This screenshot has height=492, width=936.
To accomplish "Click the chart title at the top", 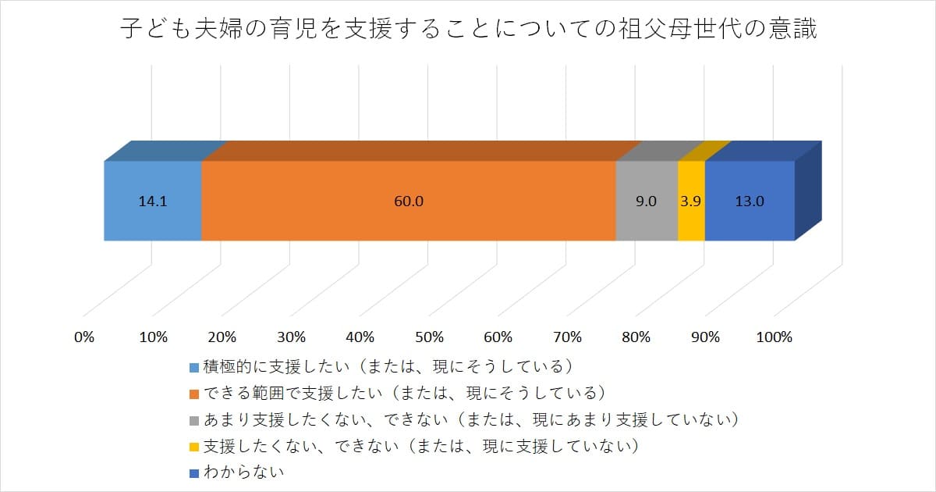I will [x=468, y=30].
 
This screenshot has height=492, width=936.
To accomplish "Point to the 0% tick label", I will [x=84, y=337].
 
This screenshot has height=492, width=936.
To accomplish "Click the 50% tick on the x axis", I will [x=429, y=337].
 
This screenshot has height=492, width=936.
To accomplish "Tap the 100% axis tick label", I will [x=775, y=337].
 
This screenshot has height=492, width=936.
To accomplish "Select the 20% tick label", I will [x=222, y=337].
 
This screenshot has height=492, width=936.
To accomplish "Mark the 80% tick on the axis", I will [x=636, y=337].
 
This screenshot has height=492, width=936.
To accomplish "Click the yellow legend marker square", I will [x=194, y=446].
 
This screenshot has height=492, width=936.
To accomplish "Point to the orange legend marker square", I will [x=194, y=393].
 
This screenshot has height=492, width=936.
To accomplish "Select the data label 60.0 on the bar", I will [x=409, y=201].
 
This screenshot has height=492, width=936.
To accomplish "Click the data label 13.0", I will [x=750, y=201].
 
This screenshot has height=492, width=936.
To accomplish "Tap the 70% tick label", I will [x=567, y=337].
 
